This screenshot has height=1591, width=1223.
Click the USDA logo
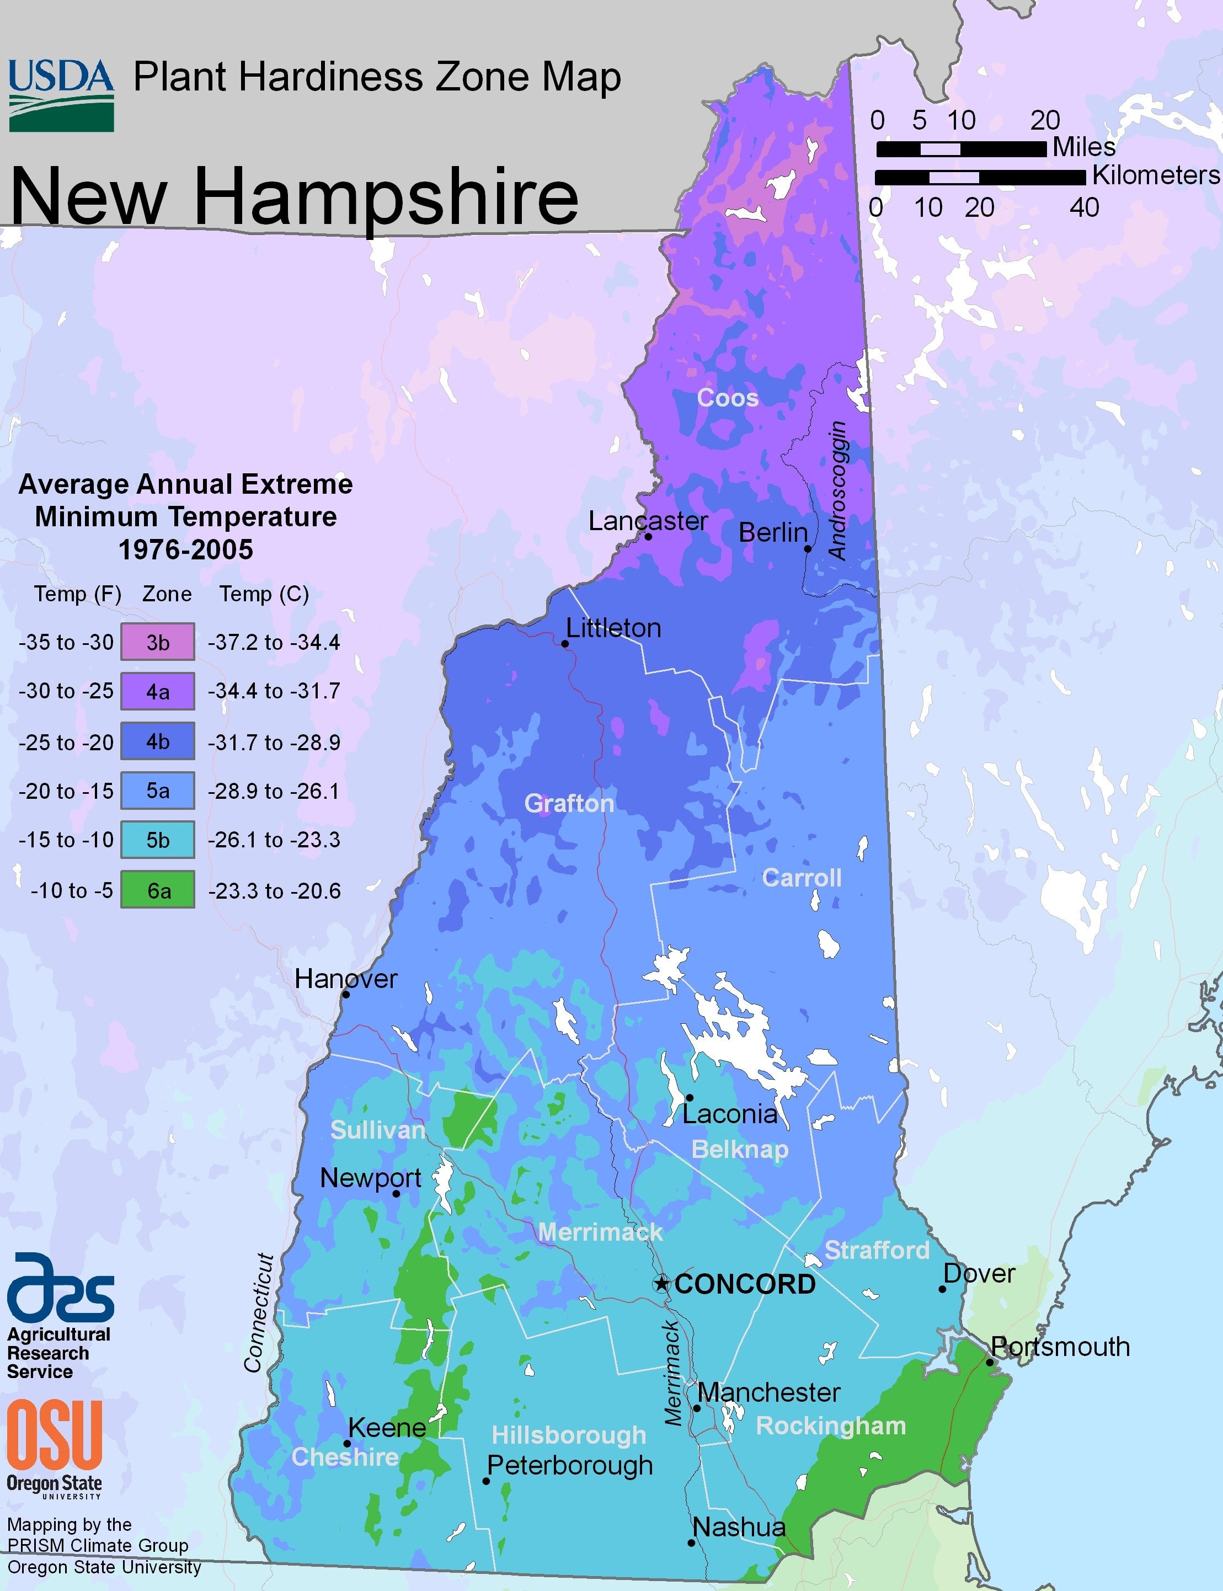click(x=61, y=95)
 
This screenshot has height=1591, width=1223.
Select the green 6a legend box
click(x=157, y=889)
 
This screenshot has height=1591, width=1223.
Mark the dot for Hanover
click(x=346, y=994)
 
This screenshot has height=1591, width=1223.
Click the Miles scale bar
click(x=961, y=149)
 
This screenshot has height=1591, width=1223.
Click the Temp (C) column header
click(x=264, y=594)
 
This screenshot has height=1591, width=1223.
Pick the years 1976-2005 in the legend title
click(x=186, y=549)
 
